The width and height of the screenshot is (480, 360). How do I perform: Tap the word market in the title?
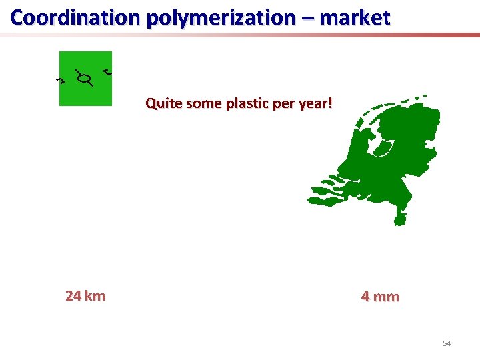[355, 17]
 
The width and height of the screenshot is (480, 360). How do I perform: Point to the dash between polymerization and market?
[307, 19]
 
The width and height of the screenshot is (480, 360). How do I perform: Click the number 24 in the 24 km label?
[73, 296]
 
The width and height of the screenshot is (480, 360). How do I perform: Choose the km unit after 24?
[95, 296]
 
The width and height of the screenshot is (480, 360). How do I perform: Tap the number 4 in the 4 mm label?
[365, 297]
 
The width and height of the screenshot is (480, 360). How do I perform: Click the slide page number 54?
[447, 343]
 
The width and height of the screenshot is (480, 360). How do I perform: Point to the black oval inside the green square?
[83, 80]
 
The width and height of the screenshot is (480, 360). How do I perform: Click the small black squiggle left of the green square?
[59, 81]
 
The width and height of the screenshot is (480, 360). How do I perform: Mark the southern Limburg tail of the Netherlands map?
[400, 217]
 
